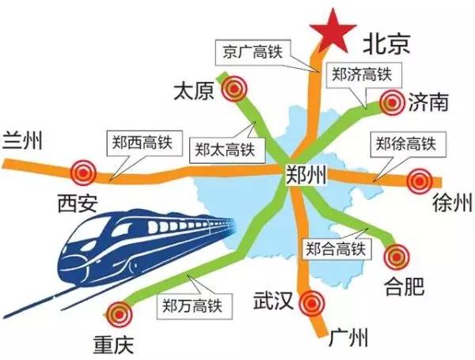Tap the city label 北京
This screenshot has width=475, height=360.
click(x=386, y=43)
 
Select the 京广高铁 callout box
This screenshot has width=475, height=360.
click(x=251, y=50)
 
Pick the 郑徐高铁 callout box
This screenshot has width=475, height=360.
click(x=405, y=145)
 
